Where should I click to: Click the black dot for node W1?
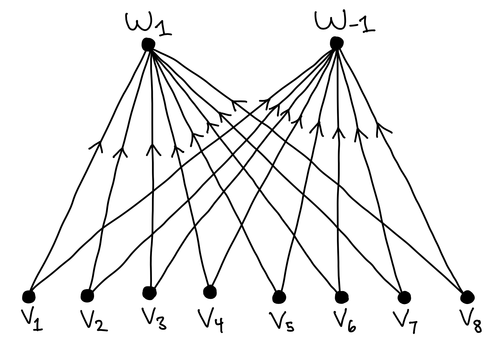pyautogui.click(x=148, y=44)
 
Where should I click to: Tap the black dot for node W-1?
pyautogui.click(x=336, y=42)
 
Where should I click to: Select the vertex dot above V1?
pyautogui.click(x=29, y=297)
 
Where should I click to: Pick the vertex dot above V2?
pyautogui.click(x=87, y=295)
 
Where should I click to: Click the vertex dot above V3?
pyautogui.click(x=149, y=292)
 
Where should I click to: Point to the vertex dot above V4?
pyautogui.click(x=210, y=291)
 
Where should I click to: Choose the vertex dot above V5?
pyautogui.click(x=279, y=297)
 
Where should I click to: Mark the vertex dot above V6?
pyautogui.click(x=341, y=297)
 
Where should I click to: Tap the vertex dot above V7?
pyautogui.click(x=404, y=298)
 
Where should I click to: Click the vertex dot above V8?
pyautogui.click(x=467, y=297)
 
